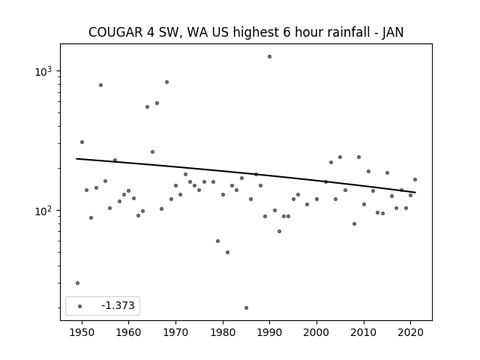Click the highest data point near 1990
pyautogui.click(x=269, y=57)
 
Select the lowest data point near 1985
pyautogui.click(x=246, y=307)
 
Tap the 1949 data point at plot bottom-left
pyautogui.click(x=77, y=283)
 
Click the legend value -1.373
pyautogui.click(x=118, y=305)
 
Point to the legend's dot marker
pyautogui.click(x=79, y=306)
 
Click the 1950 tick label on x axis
pyautogui.click(x=82, y=332)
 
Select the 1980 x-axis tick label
pyautogui.click(x=223, y=332)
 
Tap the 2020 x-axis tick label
pyautogui.click(x=410, y=332)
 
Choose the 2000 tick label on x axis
pyautogui.click(x=316, y=332)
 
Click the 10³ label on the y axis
pyautogui.click(x=43, y=71)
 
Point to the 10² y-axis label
pyautogui.click(x=43, y=211)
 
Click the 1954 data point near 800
pyautogui.click(x=100, y=85)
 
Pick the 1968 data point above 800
pyautogui.click(x=166, y=82)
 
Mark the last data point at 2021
pyautogui.click(x=415, y=180)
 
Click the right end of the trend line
pyautogui.click(x=415, y=192)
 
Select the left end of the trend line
pyautogui.click(x=76, y=158)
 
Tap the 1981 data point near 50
pyautogui.click(x=227, y=252)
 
